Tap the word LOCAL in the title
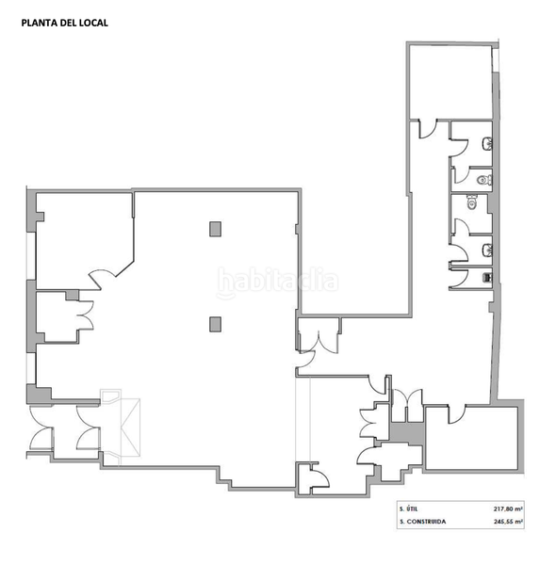click(93, 24)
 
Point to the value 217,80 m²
click(508, 508)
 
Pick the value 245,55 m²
click(508, 521)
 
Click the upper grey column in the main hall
click(215, 228)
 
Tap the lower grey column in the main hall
click(215, 324)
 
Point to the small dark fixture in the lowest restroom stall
click(486, 278)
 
